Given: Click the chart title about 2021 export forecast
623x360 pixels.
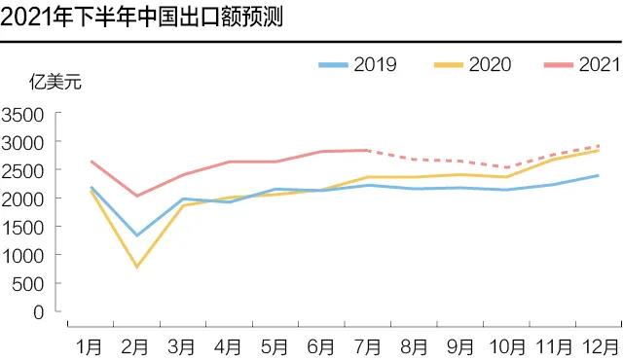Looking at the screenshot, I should click(x=142, y=18).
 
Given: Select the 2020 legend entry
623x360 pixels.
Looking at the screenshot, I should click(x=472, y=64).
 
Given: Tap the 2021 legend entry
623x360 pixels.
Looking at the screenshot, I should click(x=582, y=64).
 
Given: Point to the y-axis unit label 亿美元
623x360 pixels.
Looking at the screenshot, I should click(x=55, y=82).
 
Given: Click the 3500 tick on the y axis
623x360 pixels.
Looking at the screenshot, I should click(x=23, y=115).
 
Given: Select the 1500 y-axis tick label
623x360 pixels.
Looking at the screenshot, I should click(x=23, y=227).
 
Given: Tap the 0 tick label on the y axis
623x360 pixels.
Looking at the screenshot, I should click(x=38, y=312).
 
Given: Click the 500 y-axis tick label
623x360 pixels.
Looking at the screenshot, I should click(x=28, y=284).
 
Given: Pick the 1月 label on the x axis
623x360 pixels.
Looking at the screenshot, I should click(x=91, y=345).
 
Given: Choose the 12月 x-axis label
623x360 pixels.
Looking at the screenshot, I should click(x=596, y=345).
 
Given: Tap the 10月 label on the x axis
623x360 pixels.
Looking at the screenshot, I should click(x=503, y=345).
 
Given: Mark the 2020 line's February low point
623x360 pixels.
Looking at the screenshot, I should click(x=136, y=267).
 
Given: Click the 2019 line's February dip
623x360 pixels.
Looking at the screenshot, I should click(x=136, y=235).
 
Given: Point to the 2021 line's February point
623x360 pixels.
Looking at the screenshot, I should click(x=136, y=196).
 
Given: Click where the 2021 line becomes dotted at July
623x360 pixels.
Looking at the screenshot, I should click(x=367, y=150).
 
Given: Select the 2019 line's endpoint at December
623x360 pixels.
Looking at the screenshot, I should click(x=597, y=176).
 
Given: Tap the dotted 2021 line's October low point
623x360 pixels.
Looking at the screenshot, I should click(x=505, y=167).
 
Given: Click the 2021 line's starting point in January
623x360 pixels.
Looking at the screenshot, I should click(x=91, y=162).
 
